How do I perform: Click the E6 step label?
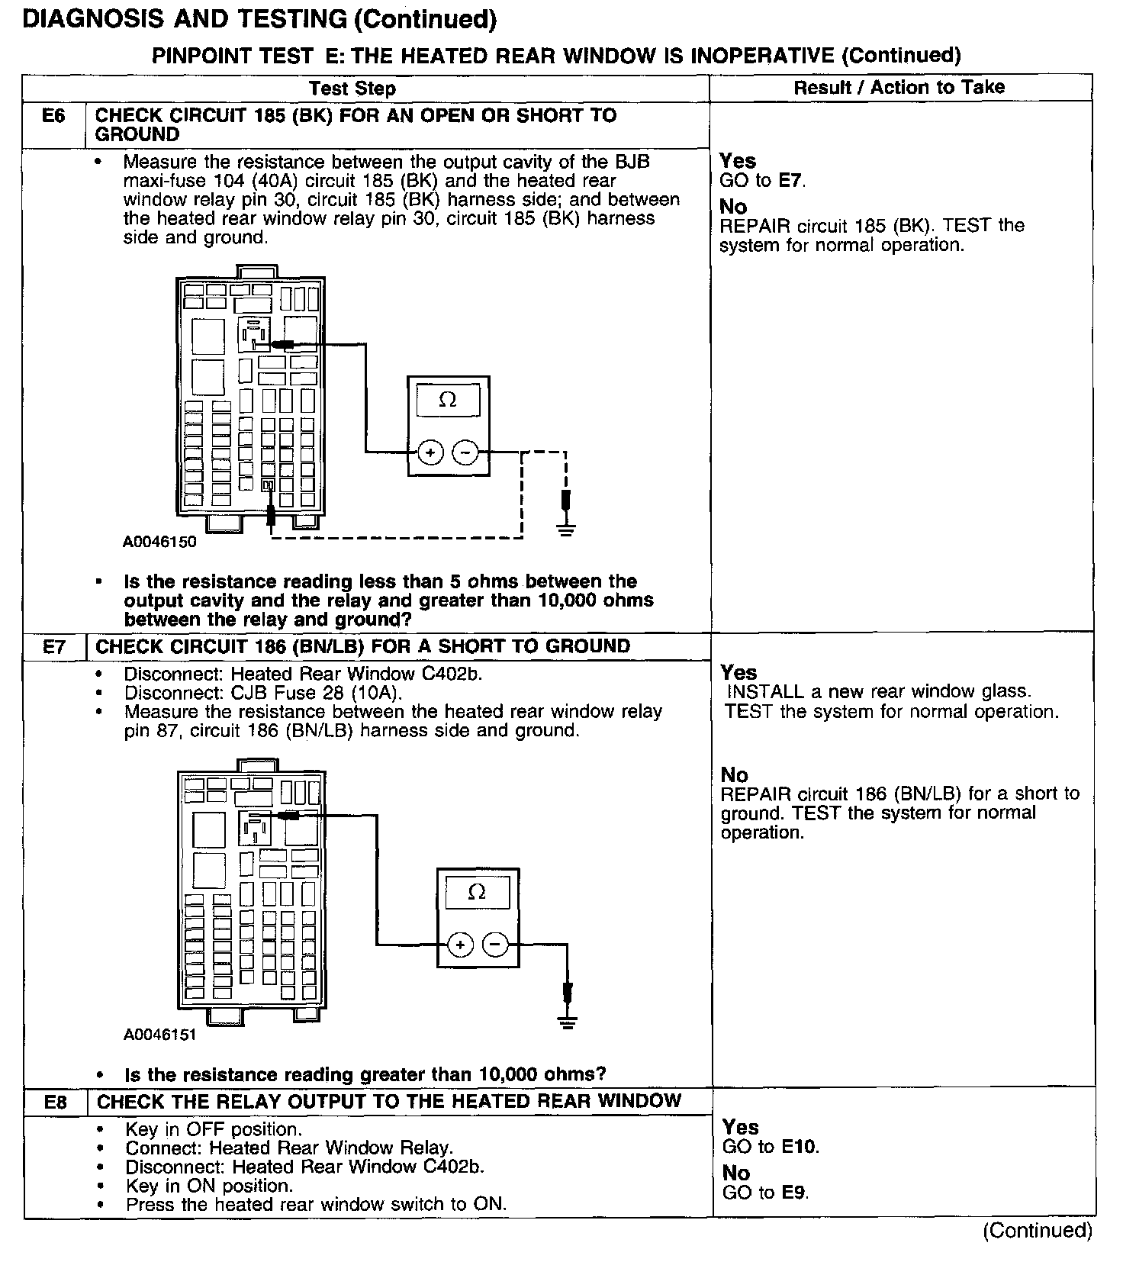tap(53, 116)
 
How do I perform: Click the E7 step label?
tap(54, 647)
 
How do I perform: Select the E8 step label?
tap(56, 1102)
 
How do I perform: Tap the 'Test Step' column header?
tap(352, 89)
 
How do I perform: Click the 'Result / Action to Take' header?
tap(899, 87)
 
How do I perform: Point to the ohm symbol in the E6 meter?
tap(448, 400)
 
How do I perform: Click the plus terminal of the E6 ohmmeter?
tap(430, 452)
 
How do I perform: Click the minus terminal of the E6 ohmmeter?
tap(465, 452)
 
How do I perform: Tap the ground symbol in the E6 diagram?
tap(565, 528)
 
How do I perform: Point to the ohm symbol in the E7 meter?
tap(477, 892)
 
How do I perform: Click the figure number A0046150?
tap(159, 542)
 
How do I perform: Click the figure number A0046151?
tap(160, 1035)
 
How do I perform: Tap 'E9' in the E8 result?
tap(794, 1192)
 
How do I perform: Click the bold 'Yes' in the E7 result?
tap(738, 672)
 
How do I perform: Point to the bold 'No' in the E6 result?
tap(733, 207)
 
